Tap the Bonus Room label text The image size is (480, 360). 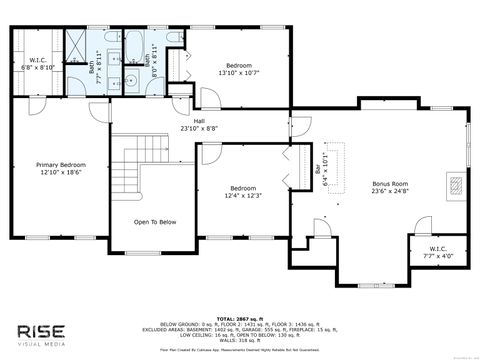coord(391,184)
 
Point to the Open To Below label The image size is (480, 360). coord(155,222)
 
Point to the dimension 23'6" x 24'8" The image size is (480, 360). coord(391,192)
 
